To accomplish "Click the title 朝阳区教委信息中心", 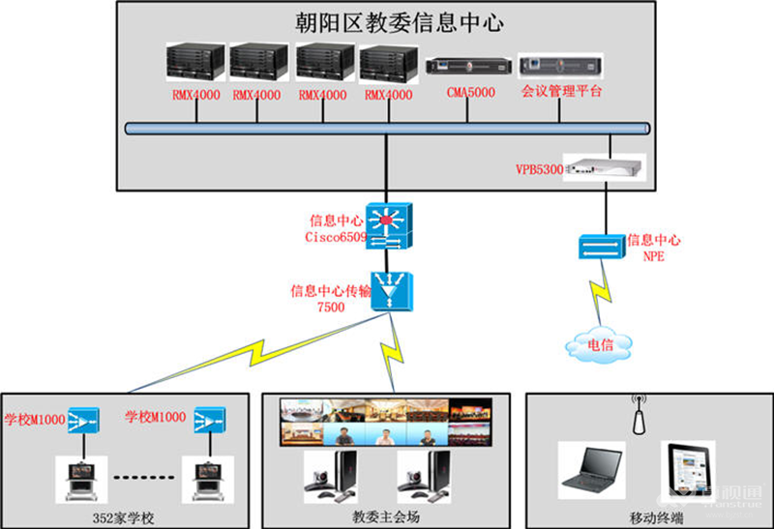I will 398,23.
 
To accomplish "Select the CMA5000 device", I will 467,68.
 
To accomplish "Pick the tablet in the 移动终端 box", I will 687,469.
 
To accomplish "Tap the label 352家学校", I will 130,514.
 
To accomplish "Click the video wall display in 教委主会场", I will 388,423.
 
